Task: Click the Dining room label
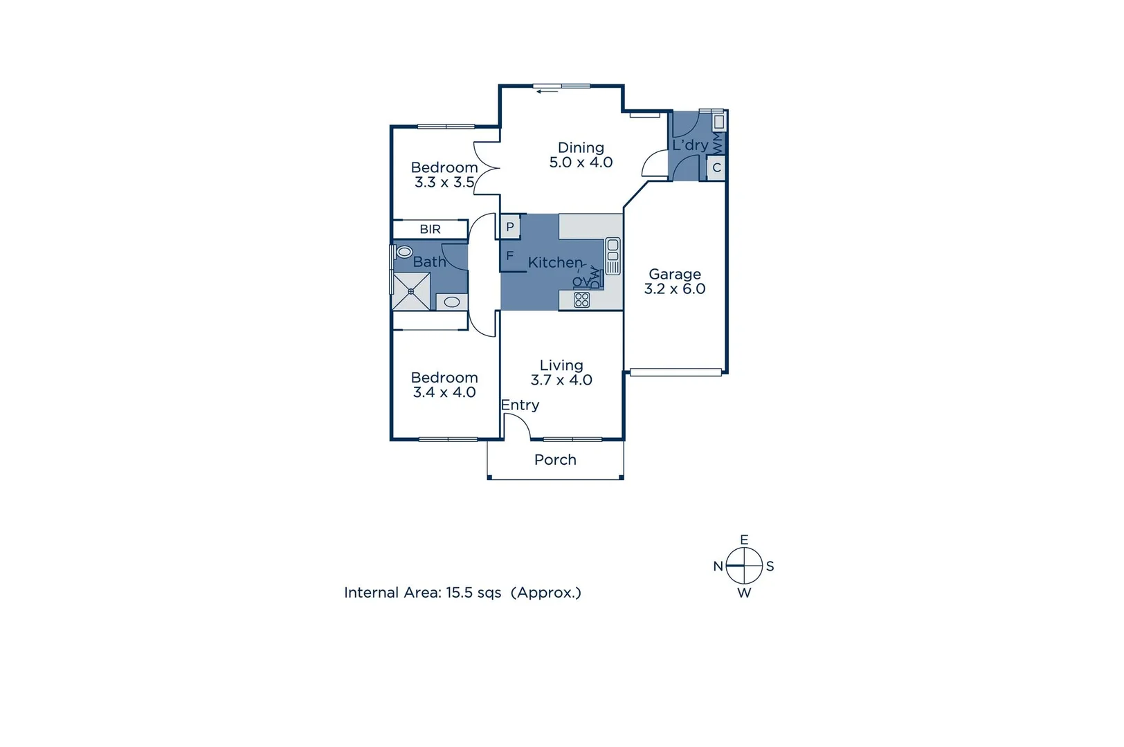[x=581, y=148]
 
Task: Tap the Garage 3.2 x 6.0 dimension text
[x=675, y=289]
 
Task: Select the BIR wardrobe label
[x=430, y=229]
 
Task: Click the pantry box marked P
[x=510, y=227]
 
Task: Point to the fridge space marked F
[x=510, y=256]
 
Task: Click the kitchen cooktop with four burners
[x=582, y=299]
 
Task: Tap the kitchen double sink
[x=613, y=255]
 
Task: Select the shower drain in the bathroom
[x=411, y=291]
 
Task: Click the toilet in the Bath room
[x=404, y=252]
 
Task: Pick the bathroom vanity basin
[x=452, y=302]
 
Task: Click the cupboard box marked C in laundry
[x=716, y=167]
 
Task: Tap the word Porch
[x=555, y=460]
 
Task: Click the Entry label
[x=520, y=405]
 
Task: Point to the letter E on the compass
[x=744, y=539]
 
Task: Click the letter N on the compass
[x=718, y=566]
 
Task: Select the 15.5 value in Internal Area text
[x=460, y=593]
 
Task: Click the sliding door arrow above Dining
[x=547, y=91]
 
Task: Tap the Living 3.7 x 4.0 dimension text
[x=561, y=380]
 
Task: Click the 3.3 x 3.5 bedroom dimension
[x=444, y=183]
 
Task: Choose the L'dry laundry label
[x=689, y=145]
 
